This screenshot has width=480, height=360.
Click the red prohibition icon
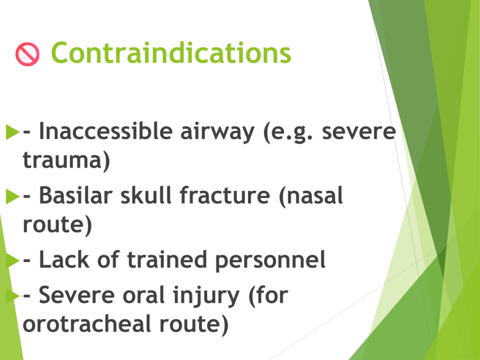click(x=28, y=54)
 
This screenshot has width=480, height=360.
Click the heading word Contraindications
click(x=171, y=53)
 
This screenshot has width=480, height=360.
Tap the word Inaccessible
click(x=106, y=131)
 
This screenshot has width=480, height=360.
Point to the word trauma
click(x=62, y=159)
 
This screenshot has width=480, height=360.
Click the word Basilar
click(x=76, y=195)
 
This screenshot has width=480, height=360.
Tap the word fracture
click(x=225, y=195)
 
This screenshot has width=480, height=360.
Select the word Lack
click(x=64, y=260)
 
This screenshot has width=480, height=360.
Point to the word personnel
click(x=270, y=260)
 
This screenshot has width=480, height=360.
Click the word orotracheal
click(x=87, y=324)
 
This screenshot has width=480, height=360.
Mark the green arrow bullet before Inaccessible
click(x=13, y=132)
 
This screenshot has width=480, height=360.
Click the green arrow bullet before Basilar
click(x=13, y=196)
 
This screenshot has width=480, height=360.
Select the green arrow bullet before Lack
click(x=13, y=261)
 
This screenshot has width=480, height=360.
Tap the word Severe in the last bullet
click(x=76, y=295)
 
